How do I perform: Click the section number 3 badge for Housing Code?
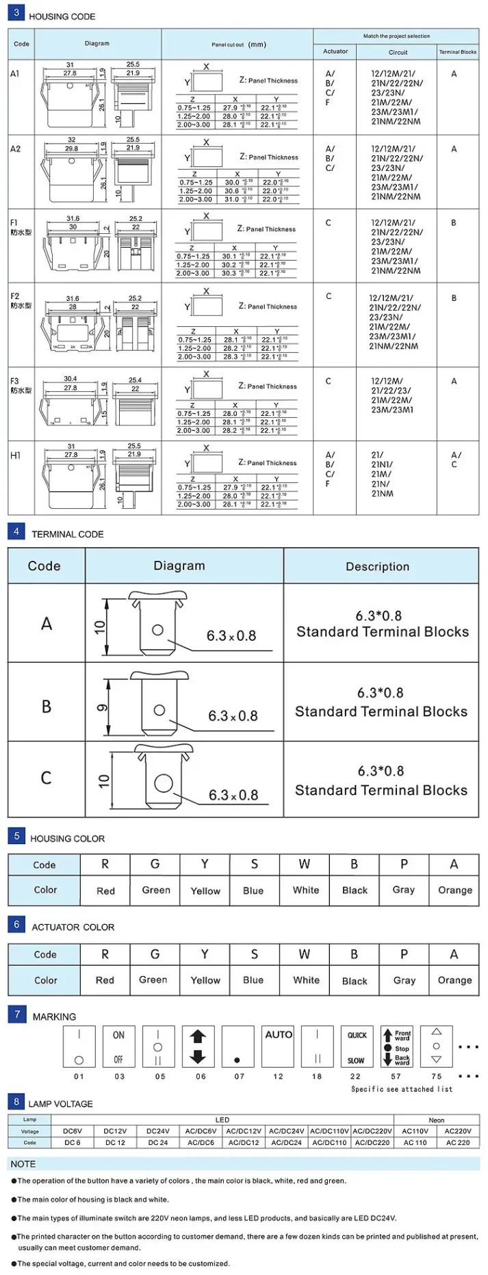pos(16,12)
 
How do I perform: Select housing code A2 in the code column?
pos(16,148)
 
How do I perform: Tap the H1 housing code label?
pos(16,456)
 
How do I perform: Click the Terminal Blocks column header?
pos(458,52)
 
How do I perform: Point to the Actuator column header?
pos(335,51)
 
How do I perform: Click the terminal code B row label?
pos(47,707)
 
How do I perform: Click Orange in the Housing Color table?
pos(455,890)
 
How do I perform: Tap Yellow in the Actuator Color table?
pos(205,980)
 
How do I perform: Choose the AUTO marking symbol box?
pos(279,1046)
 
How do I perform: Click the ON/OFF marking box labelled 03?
pos(119,1046)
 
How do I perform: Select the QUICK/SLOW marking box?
pos(357,1046)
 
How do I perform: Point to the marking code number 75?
pos(437,1076)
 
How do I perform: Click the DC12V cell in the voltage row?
pos(115,1131)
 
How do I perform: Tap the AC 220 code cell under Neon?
pos(458,1142)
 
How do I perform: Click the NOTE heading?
pos(23,1164)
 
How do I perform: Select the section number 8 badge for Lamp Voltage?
pos(16,1101)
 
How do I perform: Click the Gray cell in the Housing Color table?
pos(404,890)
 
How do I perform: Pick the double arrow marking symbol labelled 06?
pos(198,1046)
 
